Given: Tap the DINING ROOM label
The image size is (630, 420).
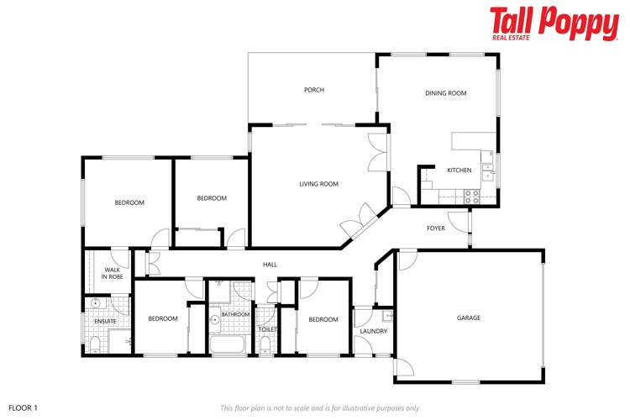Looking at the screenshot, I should [445, 93].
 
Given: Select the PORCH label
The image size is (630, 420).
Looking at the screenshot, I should [313, 90].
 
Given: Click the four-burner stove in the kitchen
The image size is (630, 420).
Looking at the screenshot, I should [471, 195].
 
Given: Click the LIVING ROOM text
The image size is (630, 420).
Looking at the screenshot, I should [319, 184].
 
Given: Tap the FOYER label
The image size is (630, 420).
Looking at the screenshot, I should [436, 228].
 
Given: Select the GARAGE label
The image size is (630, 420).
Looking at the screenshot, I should [469, 318].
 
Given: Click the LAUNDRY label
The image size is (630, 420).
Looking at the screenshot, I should [373, 331].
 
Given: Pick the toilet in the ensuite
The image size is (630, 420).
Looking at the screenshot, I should [95, 343].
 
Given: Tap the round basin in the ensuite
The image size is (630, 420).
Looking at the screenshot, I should [96, 304].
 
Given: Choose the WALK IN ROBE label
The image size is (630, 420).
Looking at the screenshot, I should [113, 273].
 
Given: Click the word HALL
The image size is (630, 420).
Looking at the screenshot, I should [270, 265].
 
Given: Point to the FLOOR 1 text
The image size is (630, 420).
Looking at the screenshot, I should [24, 407].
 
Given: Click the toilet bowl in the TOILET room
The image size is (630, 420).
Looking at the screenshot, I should [265, 344].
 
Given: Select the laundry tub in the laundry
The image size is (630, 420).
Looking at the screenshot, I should [386, 317].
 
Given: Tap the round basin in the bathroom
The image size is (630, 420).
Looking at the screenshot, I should [214, 319].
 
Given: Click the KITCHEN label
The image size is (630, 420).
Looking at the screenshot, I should [459, 171].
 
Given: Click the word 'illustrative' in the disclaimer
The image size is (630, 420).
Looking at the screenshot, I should [365, 407].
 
